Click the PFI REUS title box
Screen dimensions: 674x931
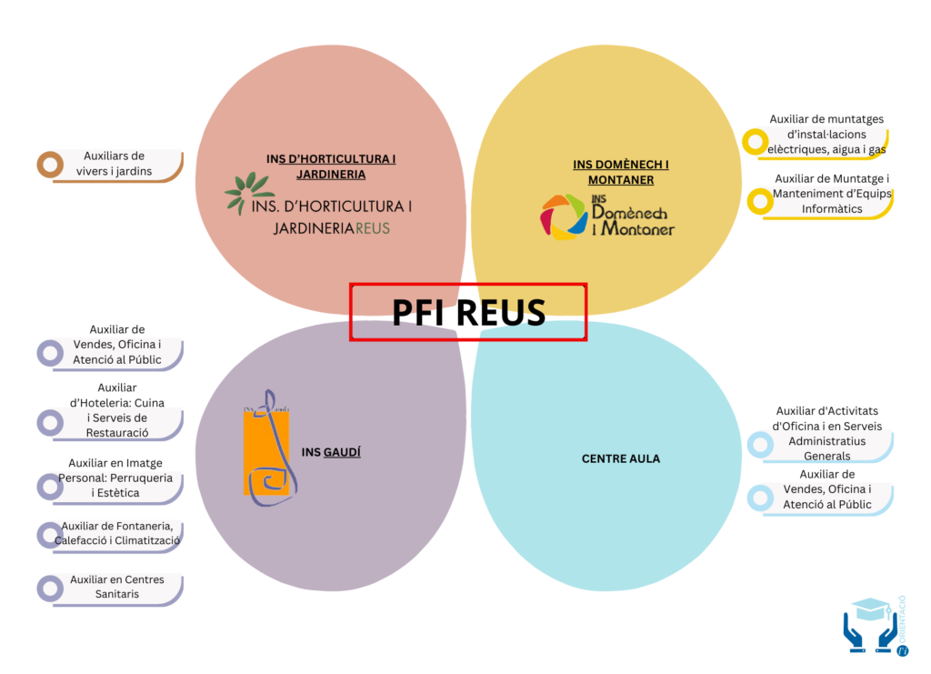pyautogui.click(x=468, y=312)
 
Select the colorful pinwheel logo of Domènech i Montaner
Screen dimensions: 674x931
pyautogui.click(x=564, y=216)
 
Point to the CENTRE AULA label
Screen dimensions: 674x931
pyautogui.click(x=621, y=458)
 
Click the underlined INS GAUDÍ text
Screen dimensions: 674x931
pyautogui.click(x=331, y=451)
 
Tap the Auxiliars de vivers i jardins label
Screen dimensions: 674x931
pyautogui.click(x=115, y=164)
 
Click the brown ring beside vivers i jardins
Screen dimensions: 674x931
pyautogui.click(x=49, y=165)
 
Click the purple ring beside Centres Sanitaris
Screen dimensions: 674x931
pyautogui.click(x=49, y=588)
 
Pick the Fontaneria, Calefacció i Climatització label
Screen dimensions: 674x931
pyautogui.click(x=117, y=533)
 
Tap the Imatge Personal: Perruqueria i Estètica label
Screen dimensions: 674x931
pyautogui.click(x=115, y=478)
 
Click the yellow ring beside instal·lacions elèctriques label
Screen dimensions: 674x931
pyautogui.click(x=755, y=142)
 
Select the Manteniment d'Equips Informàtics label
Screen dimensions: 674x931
pyautogui.click(x=832, y=194)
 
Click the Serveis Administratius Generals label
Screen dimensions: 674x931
pyautogui.click(x=827, y=434)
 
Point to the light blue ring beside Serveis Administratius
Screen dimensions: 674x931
pyautogui.click(x=759, y=444)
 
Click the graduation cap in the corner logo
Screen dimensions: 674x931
pyautogui.click(x=872, y=608)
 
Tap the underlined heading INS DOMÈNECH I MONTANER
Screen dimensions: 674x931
pyautogui.click(x=621, y=172)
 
